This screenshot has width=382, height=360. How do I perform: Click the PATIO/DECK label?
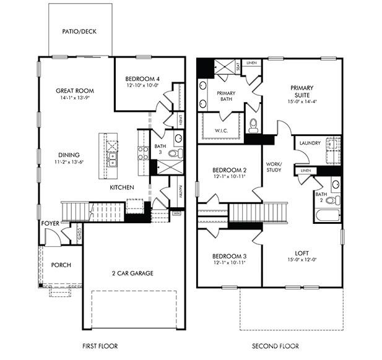(80, 31)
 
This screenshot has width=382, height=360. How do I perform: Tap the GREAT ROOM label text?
(75, 90)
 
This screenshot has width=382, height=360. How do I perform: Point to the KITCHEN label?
(123, 187)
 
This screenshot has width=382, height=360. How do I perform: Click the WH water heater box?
(176, 213)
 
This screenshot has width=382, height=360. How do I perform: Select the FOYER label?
(50, 224)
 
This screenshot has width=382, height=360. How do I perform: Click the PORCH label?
(61, 265)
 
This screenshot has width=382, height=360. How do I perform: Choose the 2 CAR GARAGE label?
(132, 273)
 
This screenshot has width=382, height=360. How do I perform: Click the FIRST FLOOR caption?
(100, 346)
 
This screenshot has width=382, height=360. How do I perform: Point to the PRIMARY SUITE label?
(302, 92)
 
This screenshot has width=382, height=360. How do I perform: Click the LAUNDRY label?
(310, 144)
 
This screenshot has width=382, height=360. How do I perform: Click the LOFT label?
(302, 252)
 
